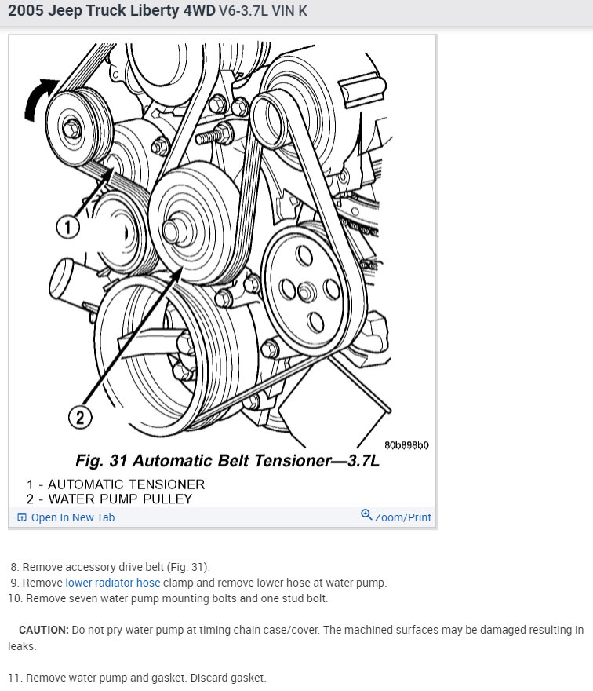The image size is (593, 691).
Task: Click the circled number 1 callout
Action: coord(67,228)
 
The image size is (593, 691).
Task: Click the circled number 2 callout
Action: coord(80,417)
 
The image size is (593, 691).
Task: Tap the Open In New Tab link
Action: coord(66,517)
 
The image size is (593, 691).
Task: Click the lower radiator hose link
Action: coord(113,583)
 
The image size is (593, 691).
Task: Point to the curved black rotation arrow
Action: coord(38,98)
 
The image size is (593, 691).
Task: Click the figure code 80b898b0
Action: coord(406,445)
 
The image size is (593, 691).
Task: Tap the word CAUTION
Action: coord(44,630)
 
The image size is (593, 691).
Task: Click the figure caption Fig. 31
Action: coord(101,460)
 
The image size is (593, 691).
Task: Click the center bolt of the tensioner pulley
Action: coord(71,129)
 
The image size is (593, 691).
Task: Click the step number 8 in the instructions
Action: coord(15,567)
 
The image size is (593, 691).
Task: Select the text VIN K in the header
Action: coord(289,10)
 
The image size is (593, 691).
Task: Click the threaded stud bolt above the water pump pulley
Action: coord(214,134)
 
